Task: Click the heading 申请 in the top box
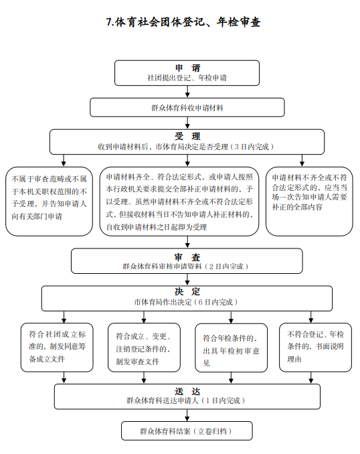tap(187, 68)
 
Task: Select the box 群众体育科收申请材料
tap(187, 107)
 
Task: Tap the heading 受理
tap(187, 136)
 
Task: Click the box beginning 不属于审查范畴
tap(50, 202)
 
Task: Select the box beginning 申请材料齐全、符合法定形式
tap(179, 202)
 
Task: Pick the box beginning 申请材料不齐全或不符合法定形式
tap(309, 202)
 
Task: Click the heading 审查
tap(187, 257)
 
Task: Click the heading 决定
tap(187, 291)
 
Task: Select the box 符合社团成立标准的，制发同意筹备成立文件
tap(57, 348)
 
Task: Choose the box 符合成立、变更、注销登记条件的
tap(144, 348)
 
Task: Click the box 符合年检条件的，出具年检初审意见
tap(232, 348)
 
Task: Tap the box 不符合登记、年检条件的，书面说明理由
tap(315, 348)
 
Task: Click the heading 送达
tap(187, 392)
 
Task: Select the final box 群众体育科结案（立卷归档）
tap(187, 431)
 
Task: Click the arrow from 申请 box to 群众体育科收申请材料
tap(187, 92)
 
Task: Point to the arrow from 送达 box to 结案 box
tap(187, 415)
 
